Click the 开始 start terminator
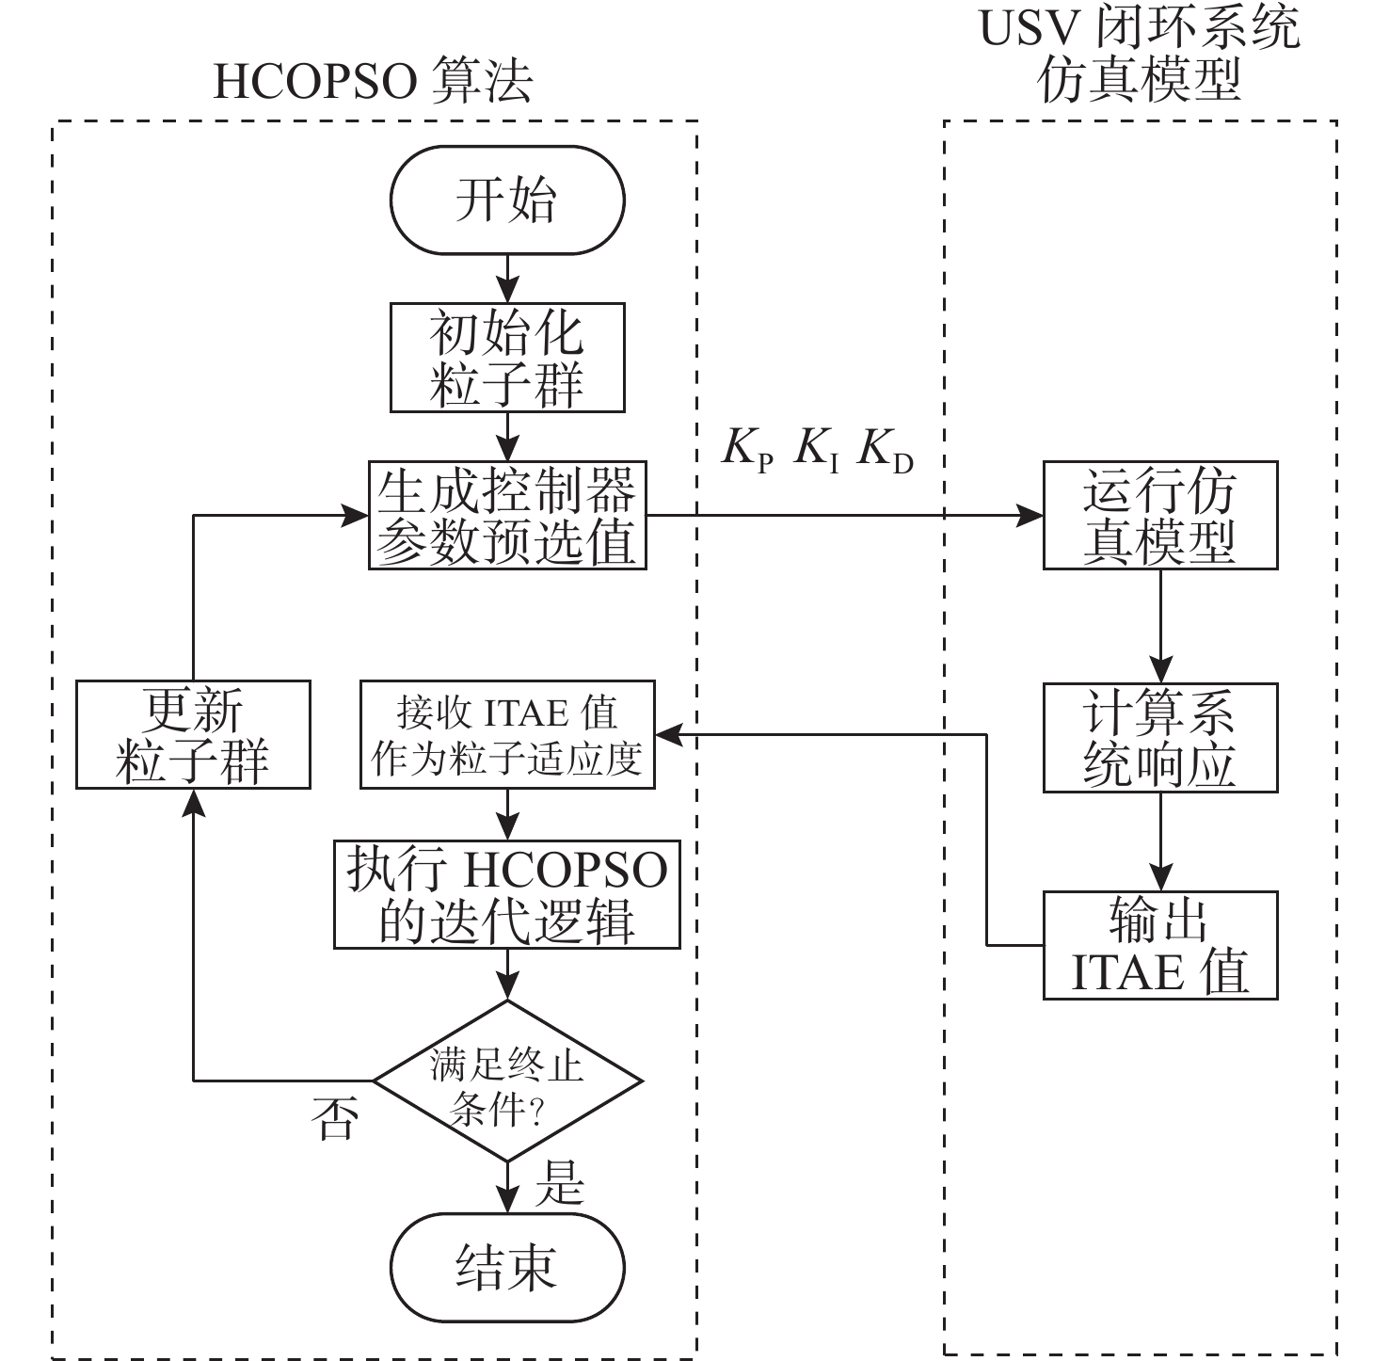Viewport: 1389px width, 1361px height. pyautogui.click(x=507, y=200)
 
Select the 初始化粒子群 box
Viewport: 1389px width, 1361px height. pyautogui.click(x=507, y=358)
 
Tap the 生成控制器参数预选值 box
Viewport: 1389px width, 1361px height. pyautogui.click(x=507, y=515)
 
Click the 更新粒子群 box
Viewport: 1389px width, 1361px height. pyautogui.click(x=193, y=735)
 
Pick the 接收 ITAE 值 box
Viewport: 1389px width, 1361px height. pyautogui.click(x=507, y=735)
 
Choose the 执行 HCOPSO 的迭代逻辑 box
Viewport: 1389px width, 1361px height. pyautogui.click(x=507, y=894)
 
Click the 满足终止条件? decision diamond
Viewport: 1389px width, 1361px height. pyautogui.click(x=507, y=1081)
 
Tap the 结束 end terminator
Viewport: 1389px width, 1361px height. pyautogui.click(x=507, y=1267)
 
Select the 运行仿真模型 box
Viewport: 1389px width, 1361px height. pyautogui.click(x=1159, y=515)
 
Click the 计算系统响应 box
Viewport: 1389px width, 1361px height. pyautogui.click(x=1159, y=738)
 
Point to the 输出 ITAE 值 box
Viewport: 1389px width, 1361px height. pyautogui.click(x=1159, y=945)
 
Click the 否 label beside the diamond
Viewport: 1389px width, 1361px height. pyautogui.click(x=335, y=1118)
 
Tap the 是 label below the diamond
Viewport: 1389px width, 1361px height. pyautogui.click(x=560, y=1183)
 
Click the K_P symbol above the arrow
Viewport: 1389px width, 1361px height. pyautogui.click(x=747, y=450)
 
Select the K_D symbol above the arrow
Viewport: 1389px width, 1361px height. pyautogui.click(x=886, y=450)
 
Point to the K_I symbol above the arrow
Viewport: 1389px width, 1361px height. pyautogui.click(x=816, y=450)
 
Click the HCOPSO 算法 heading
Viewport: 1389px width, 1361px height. pyautogui.click(x=373, y=81)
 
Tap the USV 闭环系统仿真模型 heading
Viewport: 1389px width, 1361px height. pyautogui.click(x=1140, y=54)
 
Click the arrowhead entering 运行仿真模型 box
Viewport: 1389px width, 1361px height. pyautogui.click(x=1031, y=516)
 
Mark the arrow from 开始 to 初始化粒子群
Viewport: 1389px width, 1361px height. pyautogui.click(x=507, y=279)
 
